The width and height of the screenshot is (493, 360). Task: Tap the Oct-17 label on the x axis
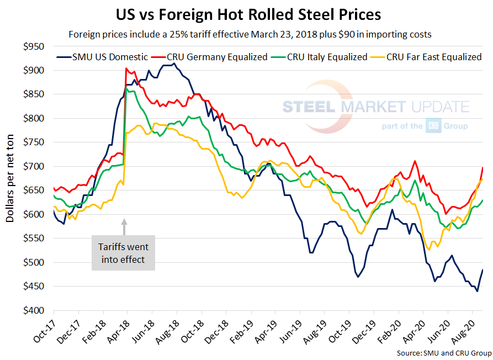(44, 331)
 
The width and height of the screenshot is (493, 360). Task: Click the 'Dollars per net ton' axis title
(10, 178)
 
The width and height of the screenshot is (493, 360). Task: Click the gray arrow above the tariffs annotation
(124, 227)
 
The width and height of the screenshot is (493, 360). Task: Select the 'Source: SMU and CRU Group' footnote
(443, 352)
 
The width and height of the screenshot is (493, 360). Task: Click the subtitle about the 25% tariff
(250, 34)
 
